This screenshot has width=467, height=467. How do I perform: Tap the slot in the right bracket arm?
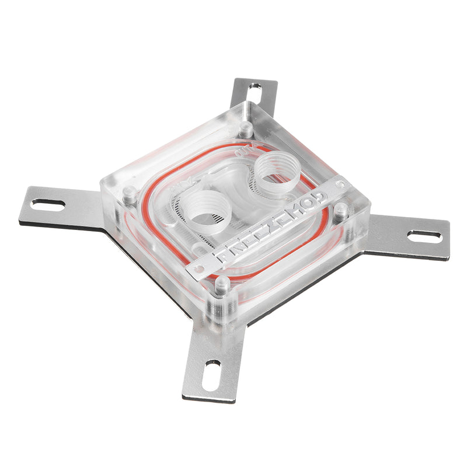[424, 236]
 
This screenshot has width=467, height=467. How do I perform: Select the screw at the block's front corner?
[222, 284]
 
